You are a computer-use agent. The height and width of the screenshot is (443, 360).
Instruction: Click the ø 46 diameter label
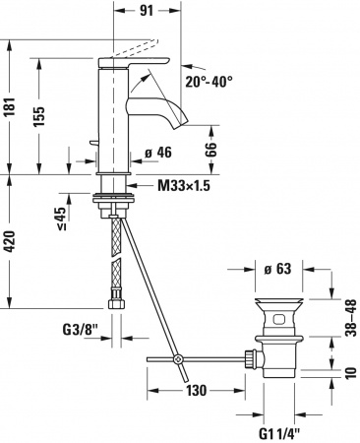pyautogui.click(x=158, y=152)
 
